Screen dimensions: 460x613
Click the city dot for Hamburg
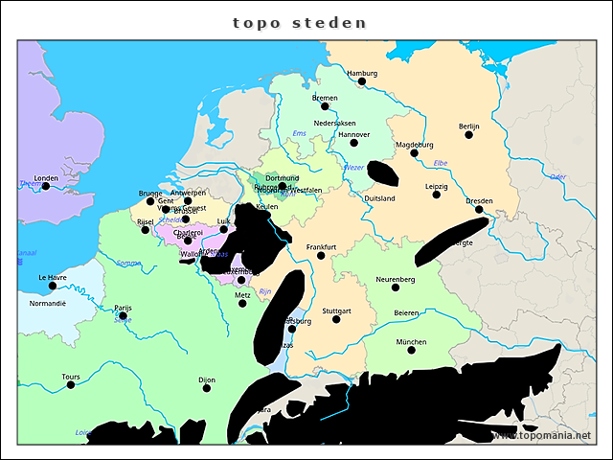tap(362, 81)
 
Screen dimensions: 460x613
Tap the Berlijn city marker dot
tap(469, 135)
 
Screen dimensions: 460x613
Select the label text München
tap(411, 341)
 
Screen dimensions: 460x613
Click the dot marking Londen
tap(46, 186)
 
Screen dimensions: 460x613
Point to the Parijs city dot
tap(123, 316)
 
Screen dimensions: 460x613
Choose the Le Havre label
tap(53, 277)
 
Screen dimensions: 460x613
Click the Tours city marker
tap(71, 384)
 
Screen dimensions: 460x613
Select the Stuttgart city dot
tap(336, 319)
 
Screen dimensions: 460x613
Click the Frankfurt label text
tap(321, 246)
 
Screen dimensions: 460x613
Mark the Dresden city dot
tap(479, 209)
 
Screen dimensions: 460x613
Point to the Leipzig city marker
tap(437, 195)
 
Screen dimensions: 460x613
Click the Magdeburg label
tap(415, 145)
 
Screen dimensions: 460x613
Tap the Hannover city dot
tap(353, 143)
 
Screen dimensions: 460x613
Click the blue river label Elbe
tap(441, 163)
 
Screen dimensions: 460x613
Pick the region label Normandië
tap(47, 303)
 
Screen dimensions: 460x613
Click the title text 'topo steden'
tap(300, 22)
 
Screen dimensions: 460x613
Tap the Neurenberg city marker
tap(396, 287)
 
